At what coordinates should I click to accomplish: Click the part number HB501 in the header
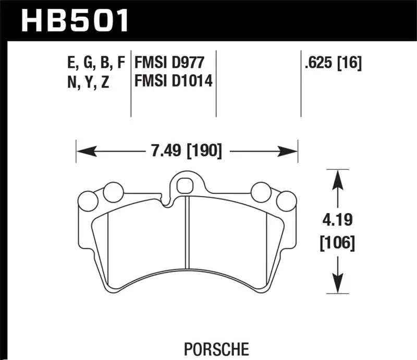[x=74, y=21]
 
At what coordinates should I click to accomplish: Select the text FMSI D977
[x=168, y=63]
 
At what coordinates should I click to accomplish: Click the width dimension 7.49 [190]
[x=186, y=152]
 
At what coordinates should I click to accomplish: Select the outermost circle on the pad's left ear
[x=87, y=200]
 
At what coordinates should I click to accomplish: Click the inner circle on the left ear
[x=111, y=192]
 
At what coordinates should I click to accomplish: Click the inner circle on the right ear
[x=260, y=192]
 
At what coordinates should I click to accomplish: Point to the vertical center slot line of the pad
[x=188, y=234]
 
